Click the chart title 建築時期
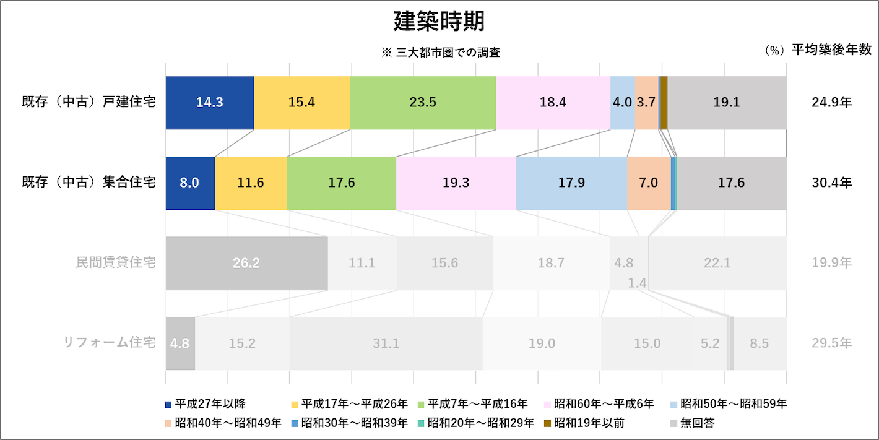tap(439, 21)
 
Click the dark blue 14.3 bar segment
tap(209, 103)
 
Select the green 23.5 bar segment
tap(423, 103)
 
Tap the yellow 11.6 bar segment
tap(251, 183)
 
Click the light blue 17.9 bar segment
tap(571, 183)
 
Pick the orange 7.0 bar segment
tap(649, 183)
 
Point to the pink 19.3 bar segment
tap(456, 183)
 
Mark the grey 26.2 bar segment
tap(246, 263)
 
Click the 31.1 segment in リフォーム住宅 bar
tap(386, 343)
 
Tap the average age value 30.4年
tap(831, 183)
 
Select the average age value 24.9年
tap(831, 102)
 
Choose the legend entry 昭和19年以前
tap(584, 423)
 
